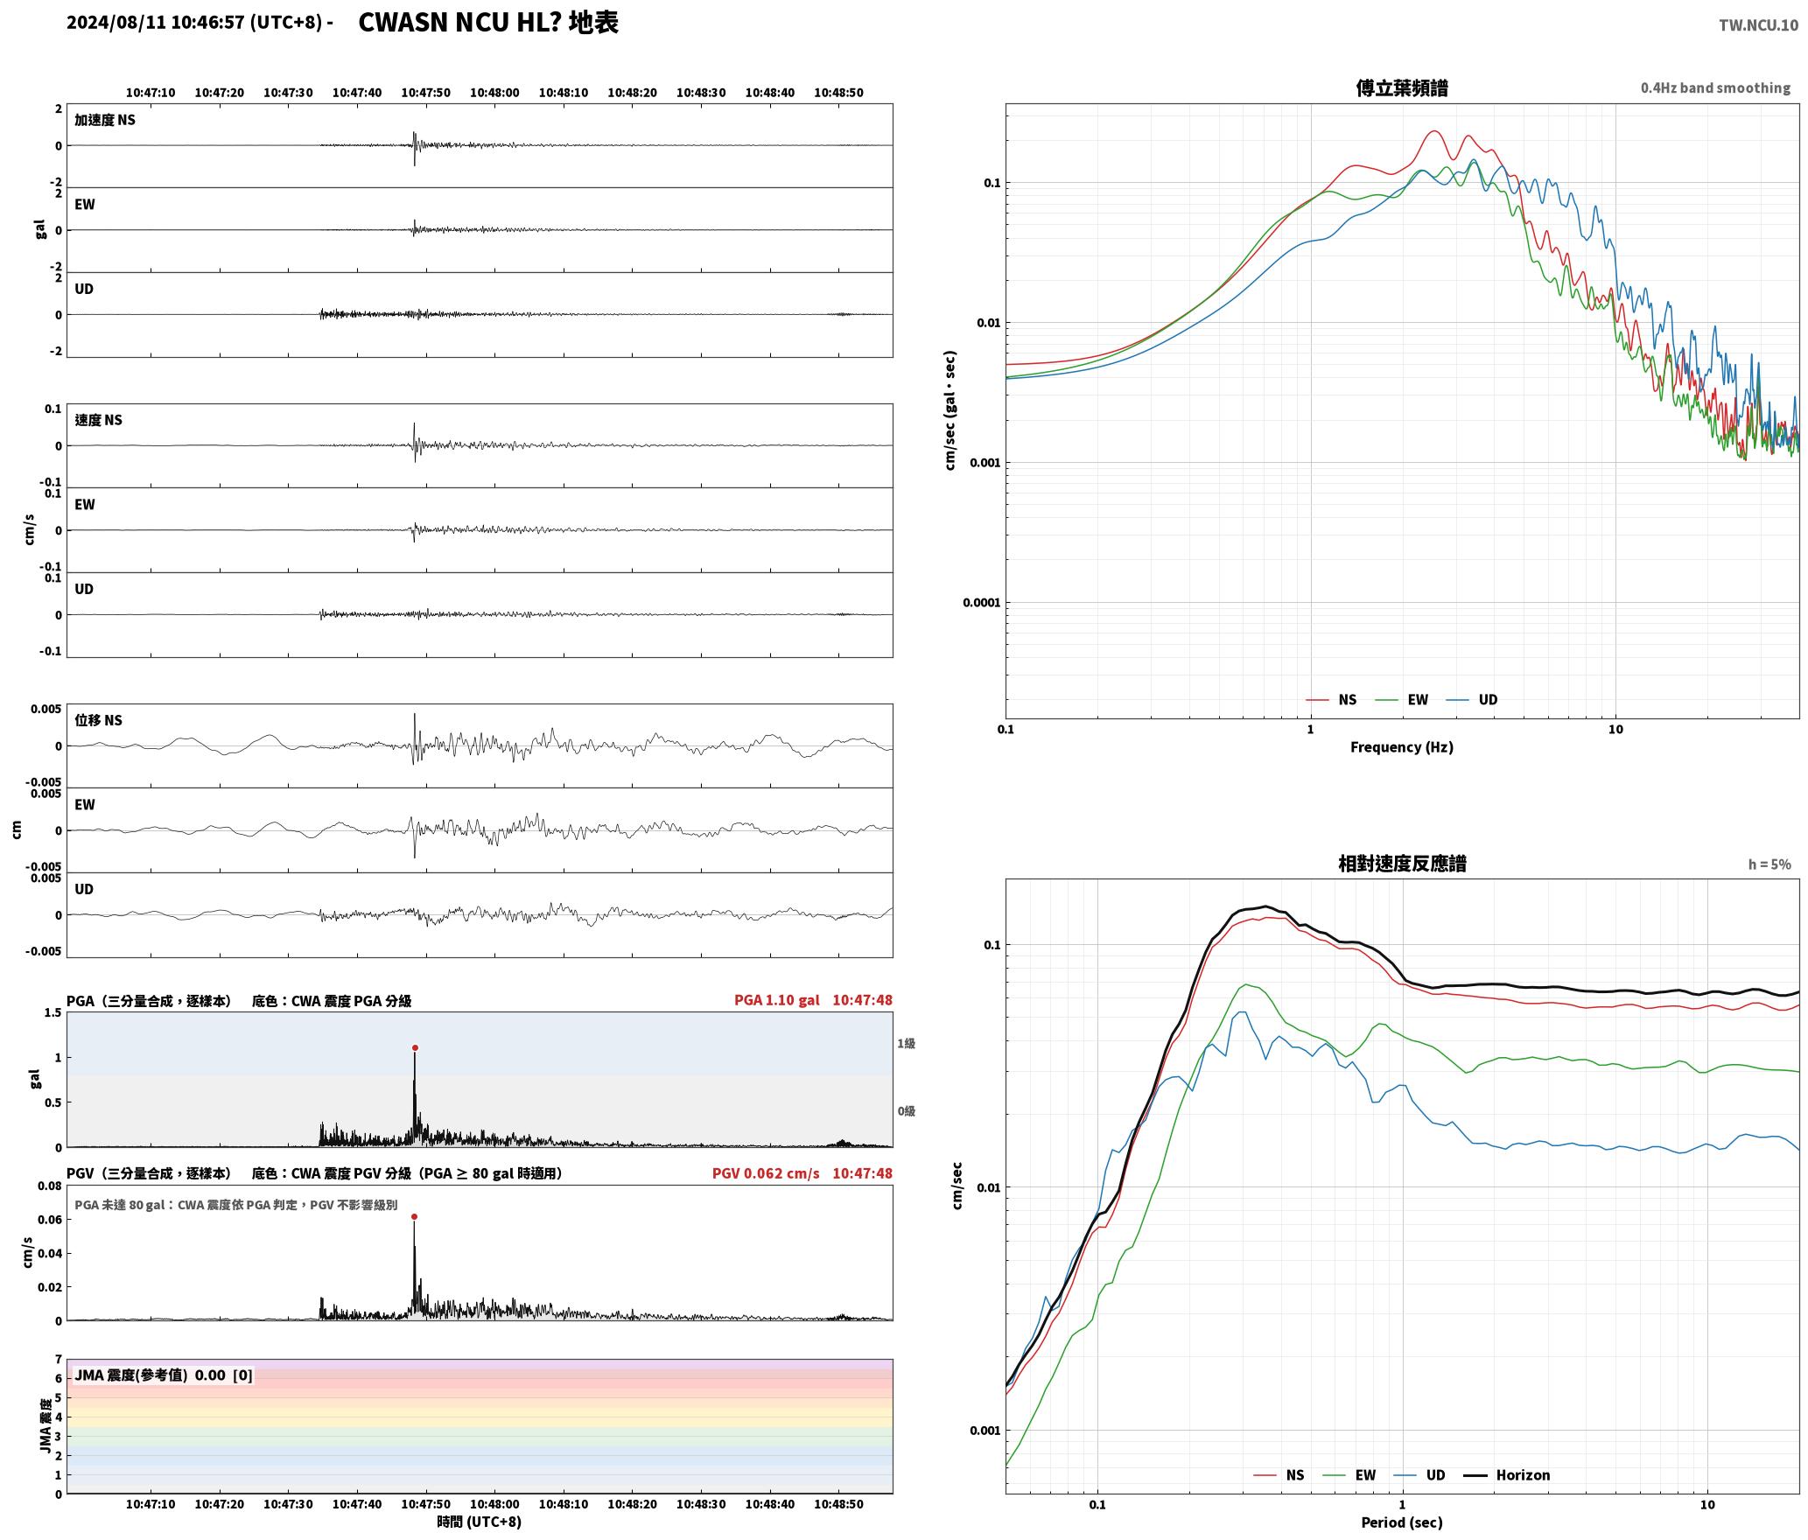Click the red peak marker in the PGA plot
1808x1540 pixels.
click(415, 1047)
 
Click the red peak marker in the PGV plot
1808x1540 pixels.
click(414, 1216)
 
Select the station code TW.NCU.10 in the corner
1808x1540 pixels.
click(1758, 25)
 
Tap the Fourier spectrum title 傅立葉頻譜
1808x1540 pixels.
click(1401, 88)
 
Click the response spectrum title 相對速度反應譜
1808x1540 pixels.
click(1402, 864)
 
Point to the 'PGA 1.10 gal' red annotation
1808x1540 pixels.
click(776, 1000)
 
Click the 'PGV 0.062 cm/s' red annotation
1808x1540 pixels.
click(766, 1173)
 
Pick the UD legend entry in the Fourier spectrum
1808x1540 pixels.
click(1472, 700)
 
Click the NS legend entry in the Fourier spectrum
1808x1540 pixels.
click(1331, 700)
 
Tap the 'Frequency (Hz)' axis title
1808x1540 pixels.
click(1401, 747)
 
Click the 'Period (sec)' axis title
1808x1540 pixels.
click(1401, 1522)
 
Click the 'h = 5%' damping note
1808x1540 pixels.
click(1769, 864)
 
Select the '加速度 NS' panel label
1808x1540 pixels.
click(105, 120)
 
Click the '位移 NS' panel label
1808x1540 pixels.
click(98, 720)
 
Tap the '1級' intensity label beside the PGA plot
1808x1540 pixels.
click(906, 1043)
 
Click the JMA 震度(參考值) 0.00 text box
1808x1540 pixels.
click(164, 1375)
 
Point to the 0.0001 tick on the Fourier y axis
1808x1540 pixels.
click(980, 603)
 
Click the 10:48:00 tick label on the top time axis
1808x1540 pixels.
click(494, 93)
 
